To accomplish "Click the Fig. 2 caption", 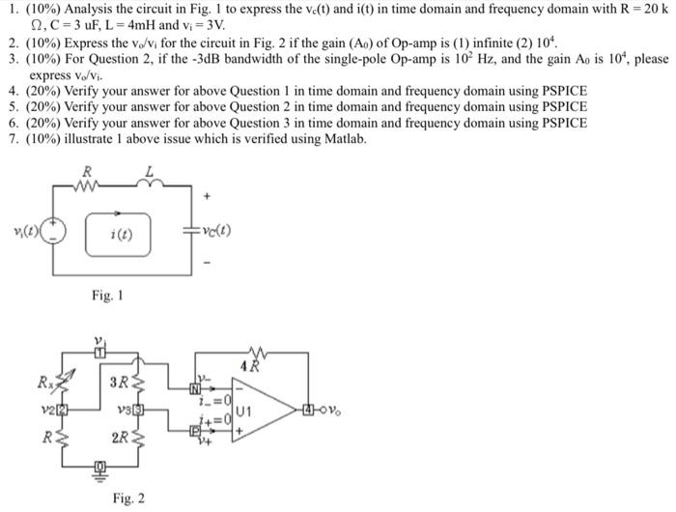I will click(x=128, y=498).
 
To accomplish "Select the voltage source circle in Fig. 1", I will click(x=57, y=233).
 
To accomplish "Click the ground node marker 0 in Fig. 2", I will click(x=97, y=472).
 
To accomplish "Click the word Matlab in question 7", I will click(x=345, y=139).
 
